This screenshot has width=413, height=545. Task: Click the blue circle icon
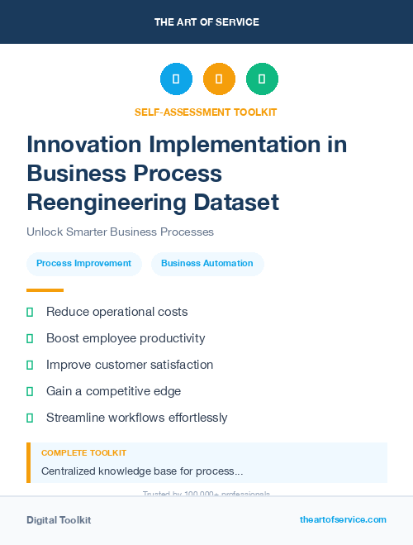tap(176, 79)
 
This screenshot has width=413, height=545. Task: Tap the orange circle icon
tap(219, 79)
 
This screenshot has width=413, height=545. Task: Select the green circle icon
tap(262, 79)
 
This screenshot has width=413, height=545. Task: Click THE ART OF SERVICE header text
tap(206, 22)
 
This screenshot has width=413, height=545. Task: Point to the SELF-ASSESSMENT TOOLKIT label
tap(206, 112)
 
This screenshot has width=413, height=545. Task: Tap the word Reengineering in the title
tap(104, 202)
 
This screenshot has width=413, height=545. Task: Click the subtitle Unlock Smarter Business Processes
tap(121, 232)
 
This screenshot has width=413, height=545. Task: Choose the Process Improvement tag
tap(83, 263)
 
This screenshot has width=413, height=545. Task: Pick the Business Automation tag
tap(207, 263)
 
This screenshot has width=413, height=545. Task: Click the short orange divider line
tap(45, 290)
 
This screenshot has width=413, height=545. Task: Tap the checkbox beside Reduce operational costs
tap(30, 312)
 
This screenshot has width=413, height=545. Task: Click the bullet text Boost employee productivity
tap(126, 338)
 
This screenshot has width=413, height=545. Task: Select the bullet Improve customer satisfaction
tap(130, 365)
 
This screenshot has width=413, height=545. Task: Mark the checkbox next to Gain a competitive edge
tap(30, 391)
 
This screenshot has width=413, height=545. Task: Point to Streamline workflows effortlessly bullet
tap(136, 418)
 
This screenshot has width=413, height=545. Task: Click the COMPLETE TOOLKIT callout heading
tap(83, 453)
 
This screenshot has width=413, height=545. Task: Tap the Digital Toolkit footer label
tap(59, 520)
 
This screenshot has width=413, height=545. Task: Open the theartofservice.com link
tap(343, 519)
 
